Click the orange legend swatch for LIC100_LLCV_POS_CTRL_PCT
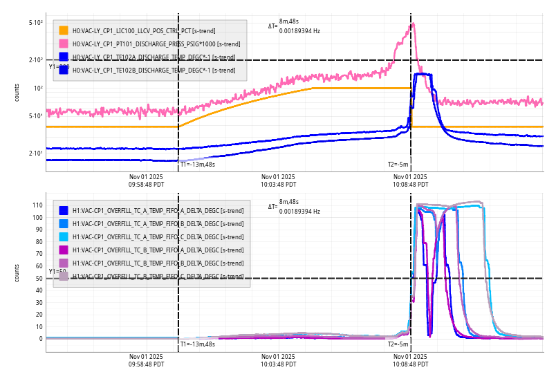(x=64, y=30)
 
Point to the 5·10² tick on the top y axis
(x=36, y=23)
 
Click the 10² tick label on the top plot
(x=38, y=88)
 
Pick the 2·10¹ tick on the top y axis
(x=36, y=153)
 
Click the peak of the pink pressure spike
(x=413, y=24)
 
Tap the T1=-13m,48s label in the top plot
(x=198, y=165)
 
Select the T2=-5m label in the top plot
(x=398, y=165)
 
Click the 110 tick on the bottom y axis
(x=37, y=205)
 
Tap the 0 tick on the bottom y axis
(x=41, y=339)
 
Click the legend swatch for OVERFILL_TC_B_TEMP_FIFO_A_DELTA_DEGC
(x=64, y=250)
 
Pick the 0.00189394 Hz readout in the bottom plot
(x=299, y=211)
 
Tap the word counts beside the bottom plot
(x=17, y=272)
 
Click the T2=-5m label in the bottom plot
(x=398, y=344)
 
